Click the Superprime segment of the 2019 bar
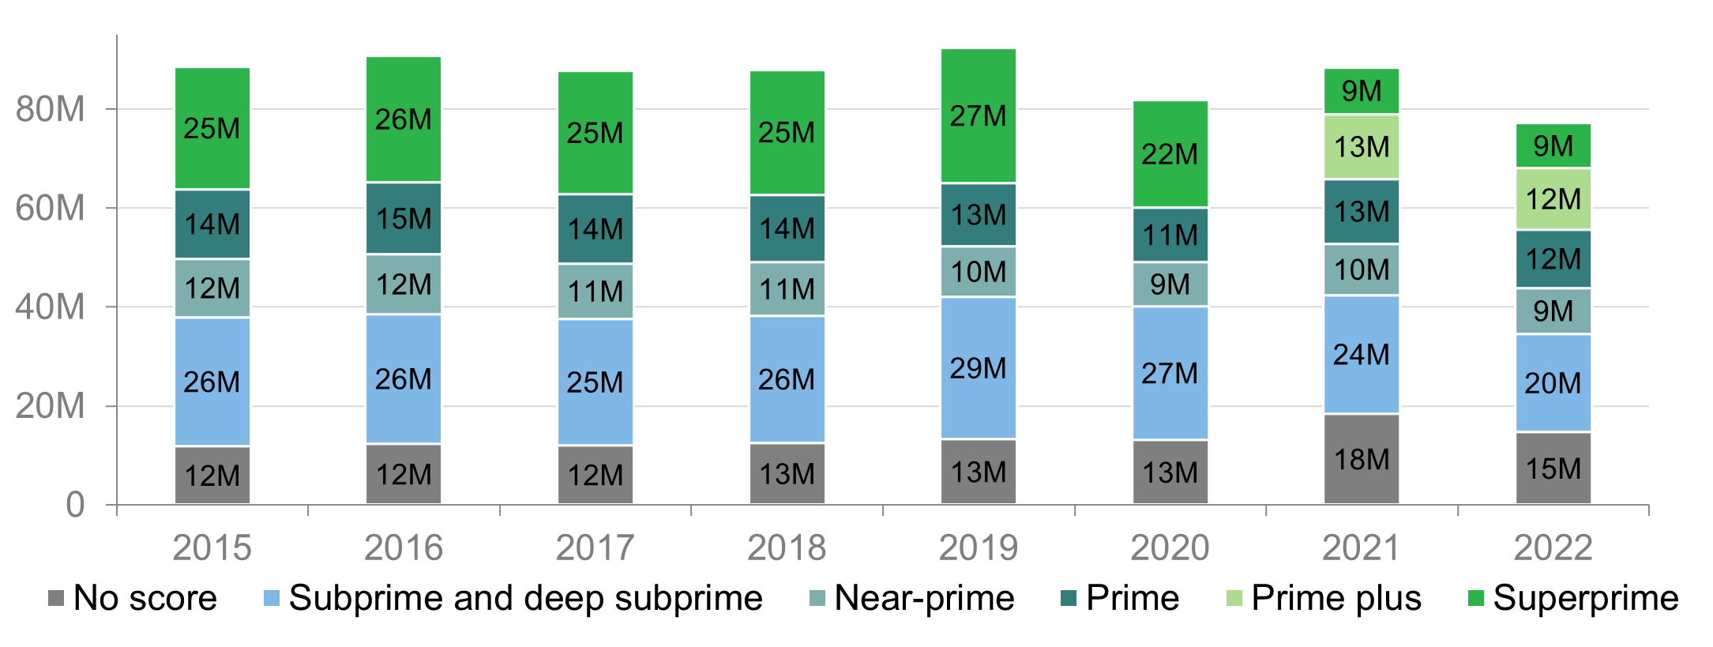(978, 115)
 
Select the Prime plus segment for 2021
(1361, 147)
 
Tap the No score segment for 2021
(1361, 459)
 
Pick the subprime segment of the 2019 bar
(978, 368)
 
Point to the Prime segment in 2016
(404, 218)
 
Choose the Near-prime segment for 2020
(1170, 284)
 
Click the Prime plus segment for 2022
(1553, 199)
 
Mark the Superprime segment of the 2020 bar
(1170, 154)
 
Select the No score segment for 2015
(212, 475)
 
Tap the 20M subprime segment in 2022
(1553, 383)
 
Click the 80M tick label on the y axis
(50, 109)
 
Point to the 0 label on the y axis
(75, 504)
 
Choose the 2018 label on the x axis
(787, 547)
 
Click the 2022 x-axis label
(1553, 547)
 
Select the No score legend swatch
(56, 598)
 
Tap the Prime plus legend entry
(1335, 598)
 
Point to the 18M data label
(1361, 459)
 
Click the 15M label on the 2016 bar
(404, 218)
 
